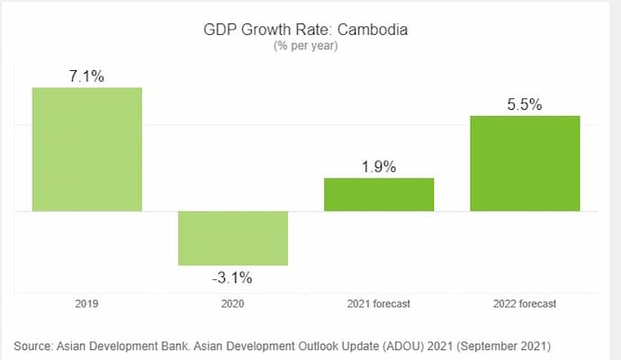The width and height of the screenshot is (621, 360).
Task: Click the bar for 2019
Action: coord(86,149)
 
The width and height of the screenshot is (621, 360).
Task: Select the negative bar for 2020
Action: coord(232,238)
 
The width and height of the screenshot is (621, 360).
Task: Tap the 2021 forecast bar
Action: coord(379,194)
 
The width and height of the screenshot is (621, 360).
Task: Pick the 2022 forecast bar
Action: coord(525,163)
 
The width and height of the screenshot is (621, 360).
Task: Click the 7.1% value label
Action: coord(86,76)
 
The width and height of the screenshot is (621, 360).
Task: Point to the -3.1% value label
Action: coord(232,277)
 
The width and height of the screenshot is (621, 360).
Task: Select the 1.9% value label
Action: coord(379,166)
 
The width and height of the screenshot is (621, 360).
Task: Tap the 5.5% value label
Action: coord(525,104)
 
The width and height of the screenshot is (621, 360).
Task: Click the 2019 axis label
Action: coord(86,304)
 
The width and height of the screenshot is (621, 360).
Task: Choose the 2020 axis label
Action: coord(232,304)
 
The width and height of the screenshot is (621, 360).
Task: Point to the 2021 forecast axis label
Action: coord(379,304)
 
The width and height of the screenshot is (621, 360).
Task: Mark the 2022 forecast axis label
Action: coord(525,304)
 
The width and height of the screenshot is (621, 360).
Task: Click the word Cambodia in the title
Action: coord(373,30)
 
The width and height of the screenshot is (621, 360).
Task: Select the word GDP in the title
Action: coord(219,30)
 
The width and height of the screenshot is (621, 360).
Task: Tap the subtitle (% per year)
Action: coord(305,47)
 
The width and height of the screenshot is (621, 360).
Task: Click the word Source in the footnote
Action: coord(33,346)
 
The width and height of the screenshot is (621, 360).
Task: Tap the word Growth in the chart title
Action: coord(263,30)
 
